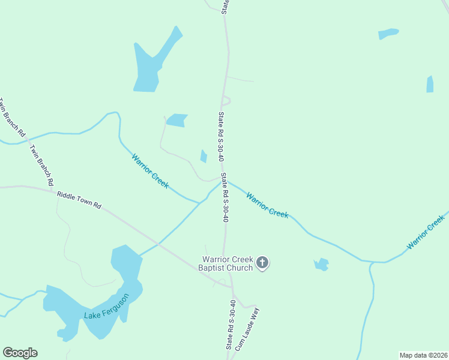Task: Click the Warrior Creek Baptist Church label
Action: click(226, 263)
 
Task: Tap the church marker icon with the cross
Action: click(262, 263)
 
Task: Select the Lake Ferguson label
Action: click(106, 307)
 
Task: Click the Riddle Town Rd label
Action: click(79, 200)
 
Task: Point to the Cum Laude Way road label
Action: click(247, 329)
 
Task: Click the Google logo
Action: click(20, 353)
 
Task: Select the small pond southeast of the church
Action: click(322, 264)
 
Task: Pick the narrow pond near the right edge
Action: click(430, 85)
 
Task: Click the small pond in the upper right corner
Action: click(388, 34)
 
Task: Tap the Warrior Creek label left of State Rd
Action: click(150, 171)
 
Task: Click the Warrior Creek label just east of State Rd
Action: click(267, 205)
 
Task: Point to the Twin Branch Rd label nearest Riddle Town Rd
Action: click(42, 165)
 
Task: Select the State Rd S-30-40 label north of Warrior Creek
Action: click(221, 137)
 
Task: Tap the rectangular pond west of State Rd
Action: click(177, 120)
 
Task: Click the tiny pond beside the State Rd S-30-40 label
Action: click(203, 156)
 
